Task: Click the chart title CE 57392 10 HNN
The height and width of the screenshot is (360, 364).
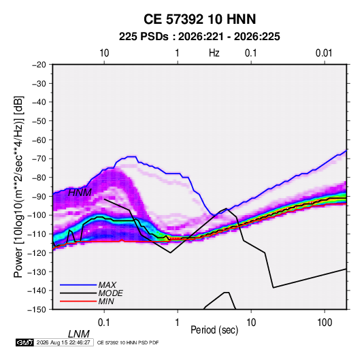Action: coord(199,19)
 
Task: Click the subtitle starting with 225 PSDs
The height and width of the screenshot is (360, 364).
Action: coord(199,37)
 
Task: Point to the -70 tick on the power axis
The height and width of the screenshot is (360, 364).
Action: coord(39,159)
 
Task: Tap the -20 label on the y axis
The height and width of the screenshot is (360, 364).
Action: coord(39,65)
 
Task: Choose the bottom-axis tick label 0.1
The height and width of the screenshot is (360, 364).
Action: coord(104,323)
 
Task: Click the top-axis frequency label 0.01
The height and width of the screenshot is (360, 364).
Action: coord(324,53)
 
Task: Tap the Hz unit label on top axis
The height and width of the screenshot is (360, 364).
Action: coord(214,53)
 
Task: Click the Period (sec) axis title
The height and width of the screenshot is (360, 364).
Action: coord(214,330)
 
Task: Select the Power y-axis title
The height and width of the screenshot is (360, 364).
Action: coord(18,186)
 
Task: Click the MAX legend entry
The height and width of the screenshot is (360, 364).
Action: coord(107,285)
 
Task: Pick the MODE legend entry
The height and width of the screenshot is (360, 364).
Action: coord(110,293)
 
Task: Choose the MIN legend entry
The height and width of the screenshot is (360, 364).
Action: coord(106,301)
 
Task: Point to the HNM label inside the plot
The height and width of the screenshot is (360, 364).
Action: coord(80,193)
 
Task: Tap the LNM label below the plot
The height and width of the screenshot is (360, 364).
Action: coord(78,334)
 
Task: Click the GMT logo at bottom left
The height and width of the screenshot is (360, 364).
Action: coord(24,342)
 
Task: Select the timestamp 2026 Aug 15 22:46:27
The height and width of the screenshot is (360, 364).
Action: coord(63,342)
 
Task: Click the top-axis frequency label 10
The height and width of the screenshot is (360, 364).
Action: coord(104,53)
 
